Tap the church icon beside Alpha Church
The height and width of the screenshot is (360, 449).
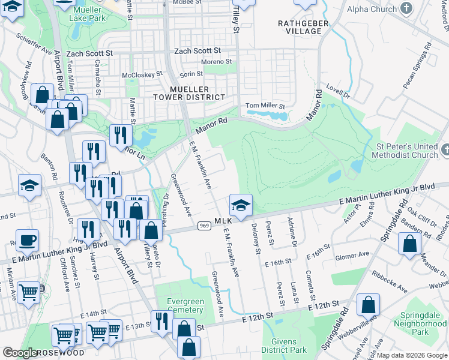(407, 8)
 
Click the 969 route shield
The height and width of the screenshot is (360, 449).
(203, 226)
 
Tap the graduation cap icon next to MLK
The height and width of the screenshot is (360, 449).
(241, 205)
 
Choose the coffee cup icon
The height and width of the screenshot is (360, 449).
(27, 241)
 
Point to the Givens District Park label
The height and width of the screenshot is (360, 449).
(285, 345)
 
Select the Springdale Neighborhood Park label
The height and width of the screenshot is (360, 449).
(420, 327)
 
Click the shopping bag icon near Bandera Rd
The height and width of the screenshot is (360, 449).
(409, 244)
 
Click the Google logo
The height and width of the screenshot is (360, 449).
(20, 353)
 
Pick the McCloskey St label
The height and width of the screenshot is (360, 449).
(142, 75)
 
